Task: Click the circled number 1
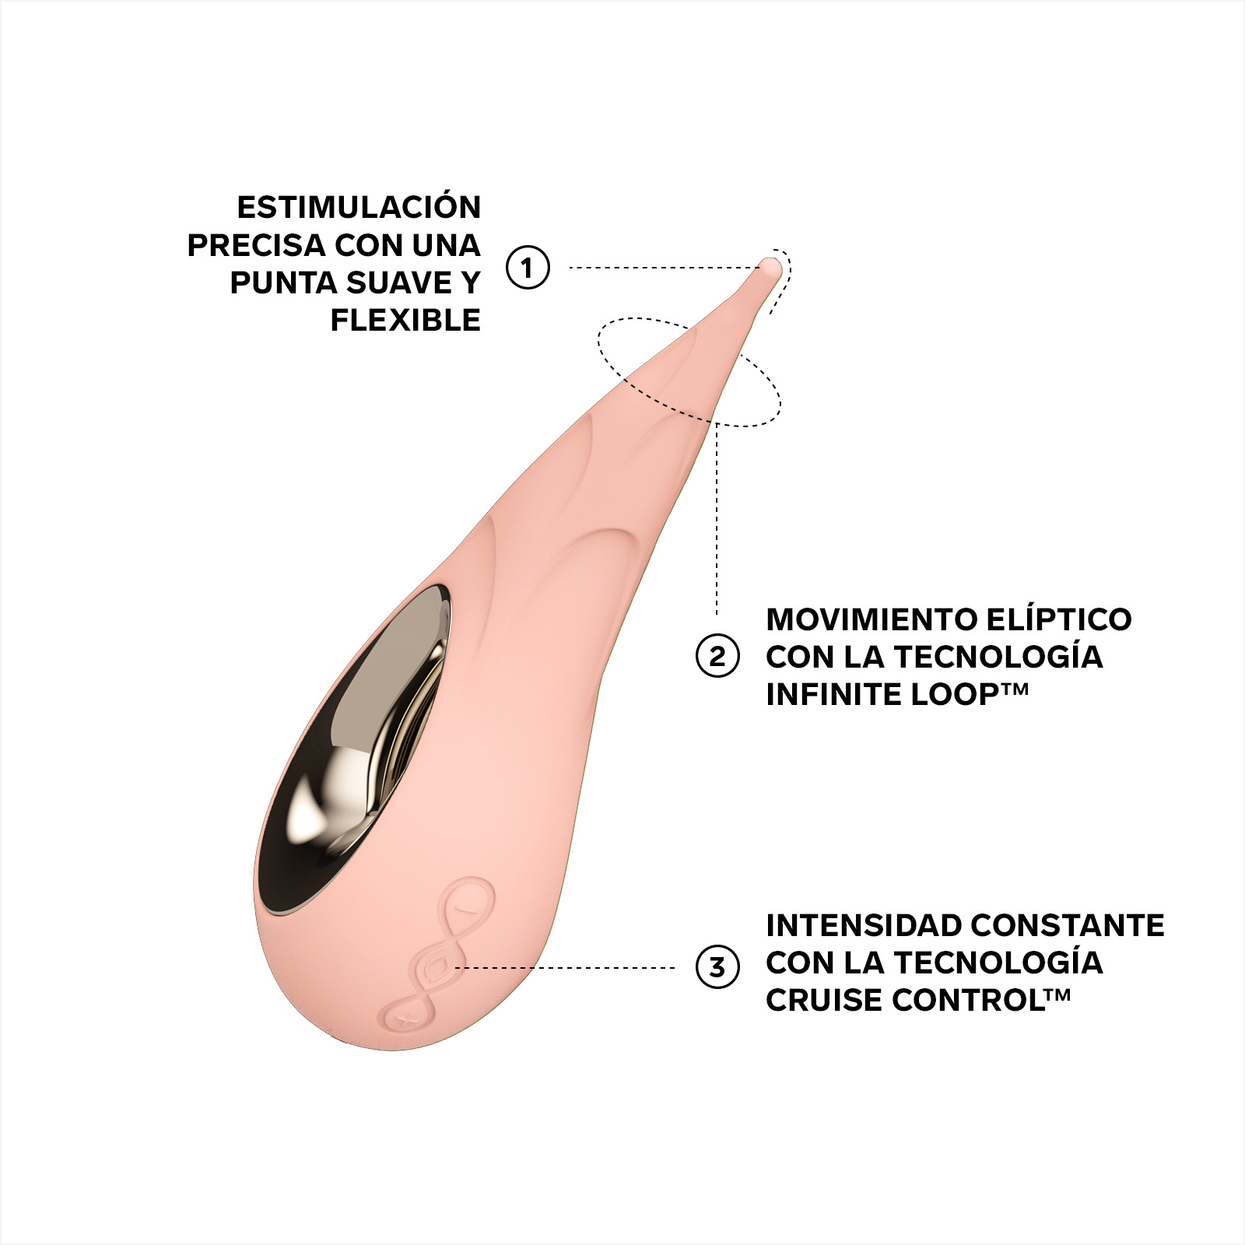pyautogui.click(x=528, y=268)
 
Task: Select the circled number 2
pyautogui.click(x=717, y=656)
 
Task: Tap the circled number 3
pyautogui.click(x=717, y=967)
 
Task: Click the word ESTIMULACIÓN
pyautogui.click(x=359, y=206)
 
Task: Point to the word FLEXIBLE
pyautogui.click(x=405, y=320)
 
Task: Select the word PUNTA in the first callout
pyautogui.click(x=284, y=282)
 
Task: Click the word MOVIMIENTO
pyautogui.click(x=871, y=619)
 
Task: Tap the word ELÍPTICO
pyautogui.click(x=1059, y=619)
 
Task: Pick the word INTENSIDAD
pyautogui.click(x=864, y=925)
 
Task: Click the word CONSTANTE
pyautogui.click(x=1068, y=925)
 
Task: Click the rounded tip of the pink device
pyautogui.click(x=770, y=268)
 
